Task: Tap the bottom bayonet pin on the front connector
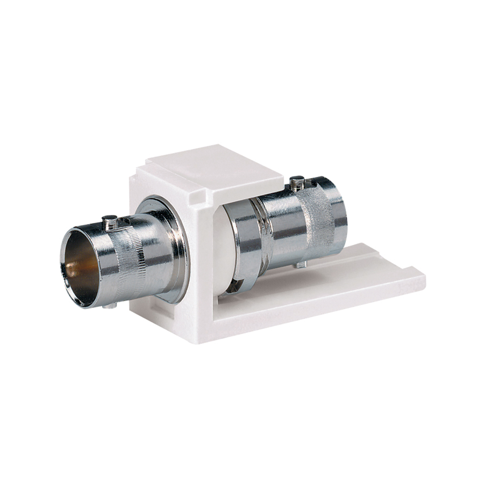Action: click(x=109, y=306)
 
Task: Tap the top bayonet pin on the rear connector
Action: click(x=296, y=183)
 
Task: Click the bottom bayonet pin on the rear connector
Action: click(x=301, y=264)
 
